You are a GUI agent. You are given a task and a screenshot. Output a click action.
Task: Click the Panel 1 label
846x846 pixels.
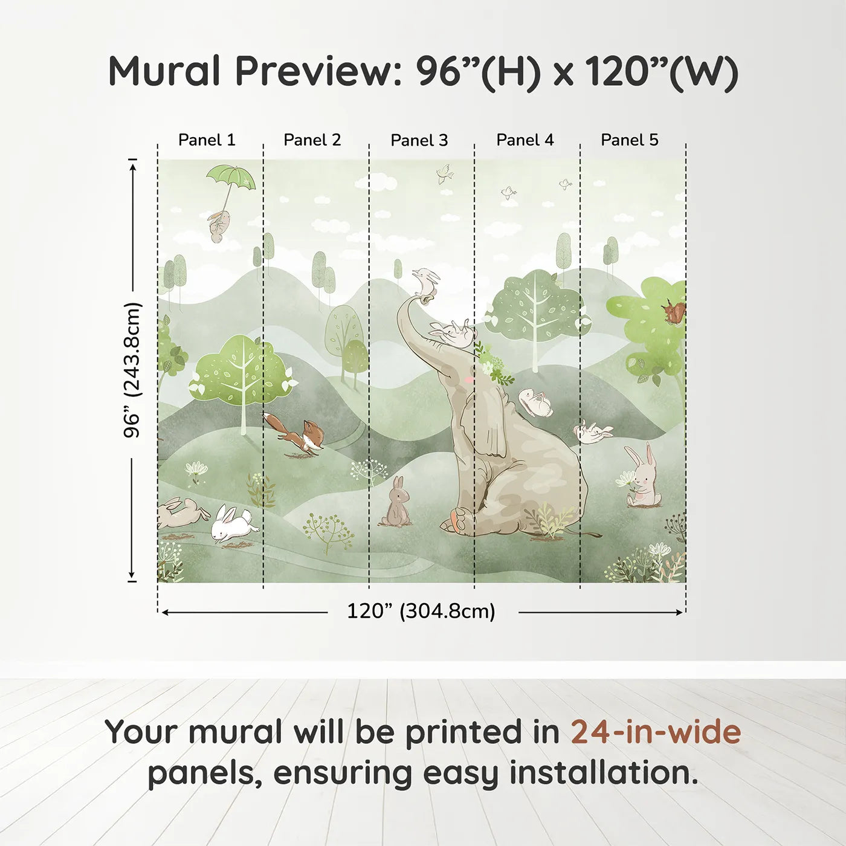[207, 140]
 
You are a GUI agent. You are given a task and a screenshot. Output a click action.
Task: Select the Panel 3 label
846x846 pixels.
[419, 140]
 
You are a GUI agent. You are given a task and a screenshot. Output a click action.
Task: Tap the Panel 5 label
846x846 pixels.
[630, 140]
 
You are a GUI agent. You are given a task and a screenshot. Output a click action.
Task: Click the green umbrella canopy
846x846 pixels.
[231, 177]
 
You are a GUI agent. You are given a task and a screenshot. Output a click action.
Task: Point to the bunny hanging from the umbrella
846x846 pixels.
[218, 225]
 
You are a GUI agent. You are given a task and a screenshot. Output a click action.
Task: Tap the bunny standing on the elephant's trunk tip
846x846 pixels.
[425, 282]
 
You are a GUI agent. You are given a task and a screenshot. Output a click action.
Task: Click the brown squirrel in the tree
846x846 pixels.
[673, 311]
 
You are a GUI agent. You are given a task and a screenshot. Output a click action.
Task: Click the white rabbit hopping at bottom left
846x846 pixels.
[233, 524]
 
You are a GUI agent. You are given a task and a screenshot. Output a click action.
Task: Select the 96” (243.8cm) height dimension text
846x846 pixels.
[132, 370]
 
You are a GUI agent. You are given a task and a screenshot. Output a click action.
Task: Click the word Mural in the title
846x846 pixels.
[164, 71]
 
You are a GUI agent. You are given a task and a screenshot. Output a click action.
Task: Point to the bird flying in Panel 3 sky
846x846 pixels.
[445, 174]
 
